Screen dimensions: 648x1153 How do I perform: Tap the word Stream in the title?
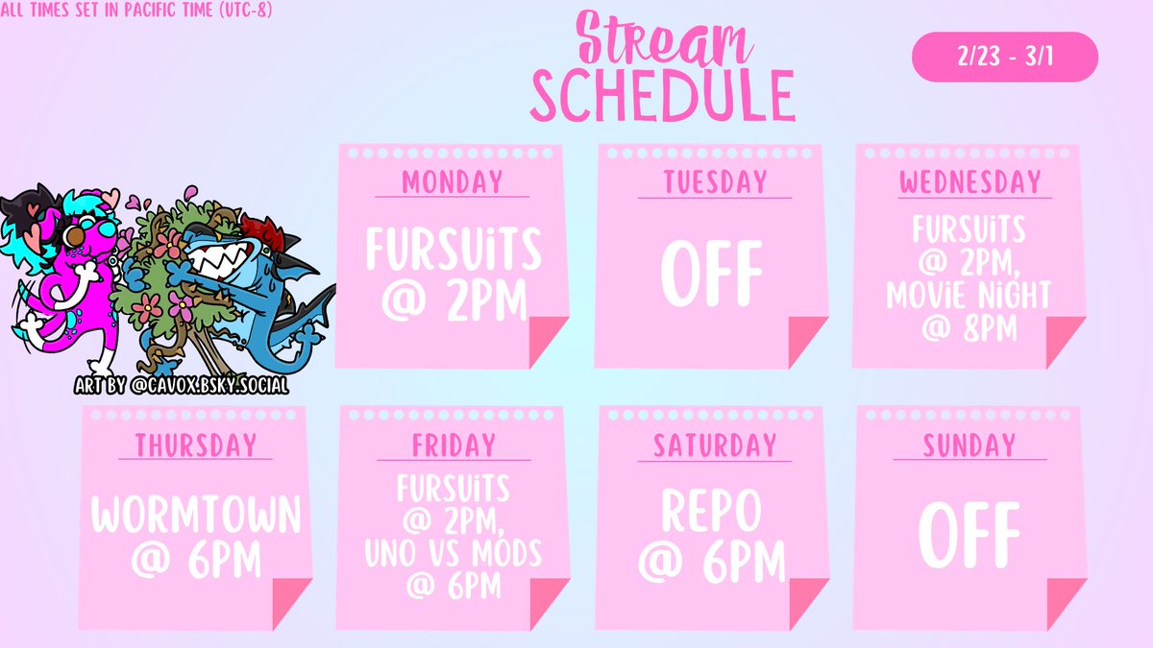[x=662, y=44]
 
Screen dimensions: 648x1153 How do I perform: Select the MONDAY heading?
[x=453, y=180]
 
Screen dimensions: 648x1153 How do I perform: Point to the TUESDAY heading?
[x=714, y=180]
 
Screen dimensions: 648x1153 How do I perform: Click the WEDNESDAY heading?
[x=970, y=180]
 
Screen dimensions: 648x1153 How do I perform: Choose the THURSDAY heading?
[x=196, y=445]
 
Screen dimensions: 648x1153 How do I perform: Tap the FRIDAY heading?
[x=454, y=445]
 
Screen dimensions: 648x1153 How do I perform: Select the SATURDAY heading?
[x=714, y=445]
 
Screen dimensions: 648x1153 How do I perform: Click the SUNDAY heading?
[x=969, y=445]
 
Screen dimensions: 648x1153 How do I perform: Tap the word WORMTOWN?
[x=196, y=516]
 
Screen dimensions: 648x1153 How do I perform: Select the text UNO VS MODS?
[x=454, y=554]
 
